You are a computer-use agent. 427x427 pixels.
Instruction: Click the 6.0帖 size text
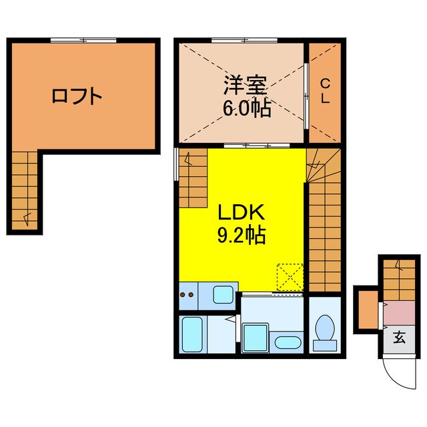pos(247,108)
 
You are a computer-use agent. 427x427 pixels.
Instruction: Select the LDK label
pos(244,213)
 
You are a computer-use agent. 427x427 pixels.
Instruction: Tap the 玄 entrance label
pos(399,337)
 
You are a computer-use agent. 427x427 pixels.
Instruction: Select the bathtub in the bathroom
pos(192,334)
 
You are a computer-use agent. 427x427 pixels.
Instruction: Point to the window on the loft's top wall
pos(83,41)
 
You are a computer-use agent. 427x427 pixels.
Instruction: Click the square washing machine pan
pos(256,337)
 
